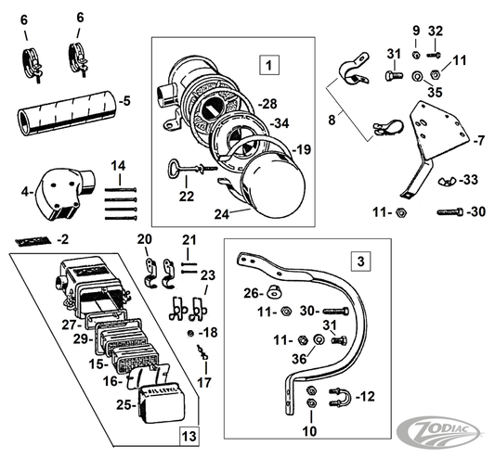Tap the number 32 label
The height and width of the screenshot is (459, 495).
(436, 31)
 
